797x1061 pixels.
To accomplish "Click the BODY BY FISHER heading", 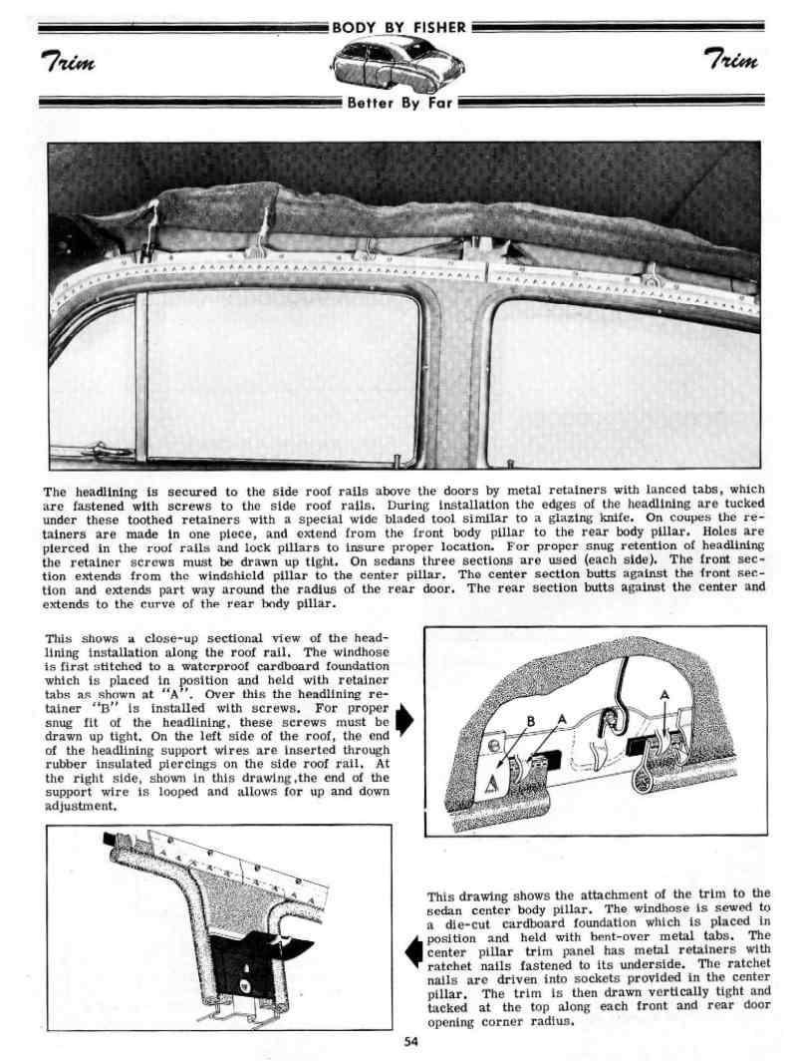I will pos(398,27).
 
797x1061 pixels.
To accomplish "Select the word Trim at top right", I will pos(731,61).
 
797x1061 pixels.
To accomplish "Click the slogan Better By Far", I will pos(398,103).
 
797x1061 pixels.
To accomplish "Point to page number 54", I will pos(411,1043).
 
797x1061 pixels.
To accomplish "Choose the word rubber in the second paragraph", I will pos(73,763).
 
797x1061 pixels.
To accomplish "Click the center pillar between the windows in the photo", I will pos(455,379).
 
